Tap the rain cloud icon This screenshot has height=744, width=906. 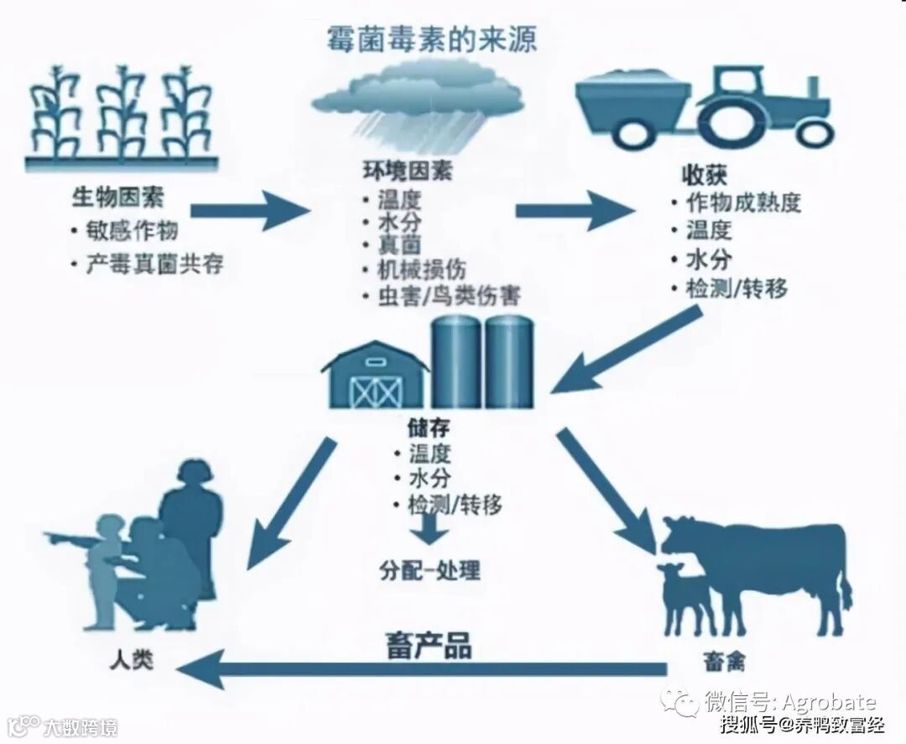point(417,101)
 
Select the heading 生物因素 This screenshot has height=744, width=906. point(117,198)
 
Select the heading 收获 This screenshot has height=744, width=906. point(697,176)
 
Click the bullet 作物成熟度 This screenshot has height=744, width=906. point(743,202)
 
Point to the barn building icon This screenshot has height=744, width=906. point(375,376)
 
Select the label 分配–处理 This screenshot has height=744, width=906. point(429,570)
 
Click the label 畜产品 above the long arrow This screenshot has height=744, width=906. point(429,645)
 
